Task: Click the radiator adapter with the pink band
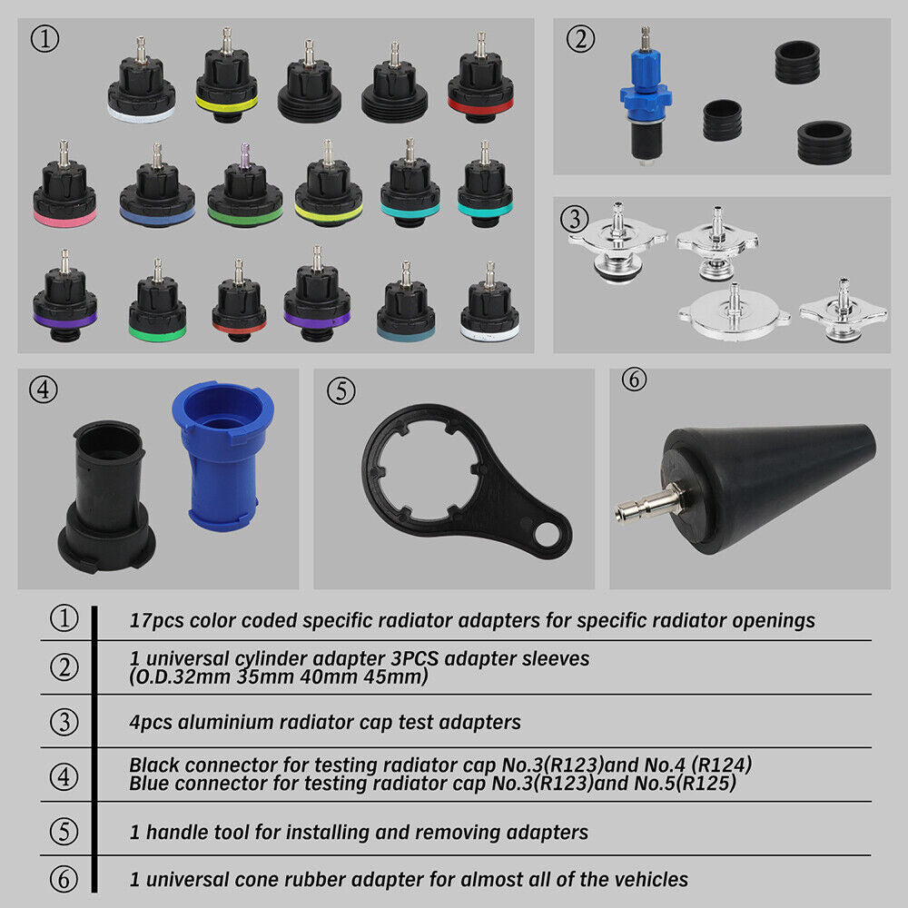tap(64, 194)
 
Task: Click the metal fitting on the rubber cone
tap(646, 502)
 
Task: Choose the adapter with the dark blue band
tap(156, 194)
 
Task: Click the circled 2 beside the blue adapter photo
tap(580, 38)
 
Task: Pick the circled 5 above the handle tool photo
tap(340, 390)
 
